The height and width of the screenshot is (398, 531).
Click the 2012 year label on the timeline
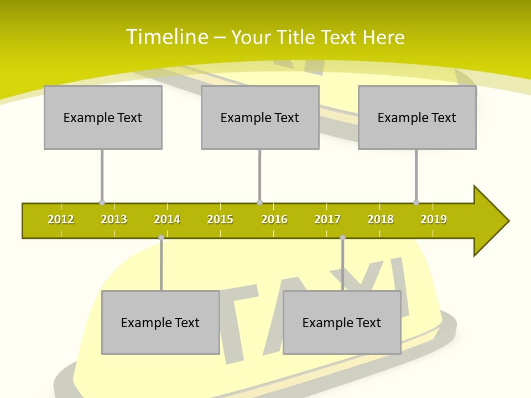point(61,219)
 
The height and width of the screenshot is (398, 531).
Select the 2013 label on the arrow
point(114,219)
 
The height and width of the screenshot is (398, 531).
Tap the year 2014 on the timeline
point(167,219)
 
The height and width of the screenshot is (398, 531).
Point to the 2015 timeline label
point(220,219)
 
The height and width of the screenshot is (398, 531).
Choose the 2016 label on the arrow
point(274,219)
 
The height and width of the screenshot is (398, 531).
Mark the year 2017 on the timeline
point(327,219)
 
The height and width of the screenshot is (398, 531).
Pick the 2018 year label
point(381,219)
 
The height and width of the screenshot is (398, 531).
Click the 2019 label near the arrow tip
point(434,219)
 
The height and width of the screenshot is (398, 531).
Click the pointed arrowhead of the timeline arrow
point(492,221)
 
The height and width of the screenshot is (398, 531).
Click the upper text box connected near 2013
point(103,117)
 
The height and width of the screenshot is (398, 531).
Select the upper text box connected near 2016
point(260,117)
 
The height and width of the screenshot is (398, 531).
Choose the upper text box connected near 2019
point(417,117)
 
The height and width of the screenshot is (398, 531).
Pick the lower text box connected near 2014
point(160,322)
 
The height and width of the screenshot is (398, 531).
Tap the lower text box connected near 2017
point(342,322)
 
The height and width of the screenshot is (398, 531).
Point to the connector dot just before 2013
point(102,202)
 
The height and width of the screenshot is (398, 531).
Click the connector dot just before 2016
point(259,202)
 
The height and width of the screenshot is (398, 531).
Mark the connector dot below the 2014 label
point(161,238)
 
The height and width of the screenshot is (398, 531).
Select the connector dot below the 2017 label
point(342,238)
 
